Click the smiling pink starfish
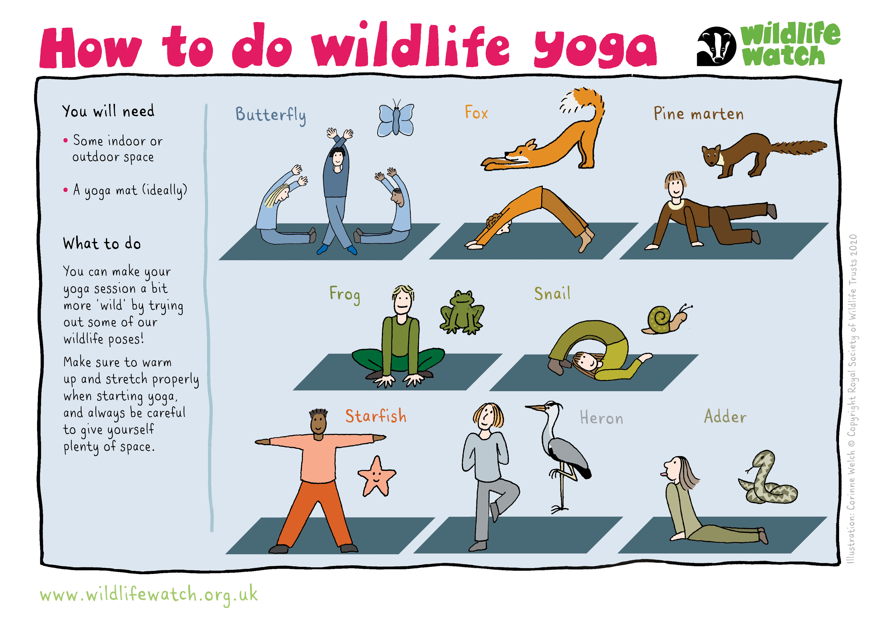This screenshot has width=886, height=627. [x=376, y=476]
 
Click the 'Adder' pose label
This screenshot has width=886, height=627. [x=725, y=416]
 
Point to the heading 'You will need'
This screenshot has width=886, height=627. [x=108, y=111]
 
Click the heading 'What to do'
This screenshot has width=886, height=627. [x=102, y=243]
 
